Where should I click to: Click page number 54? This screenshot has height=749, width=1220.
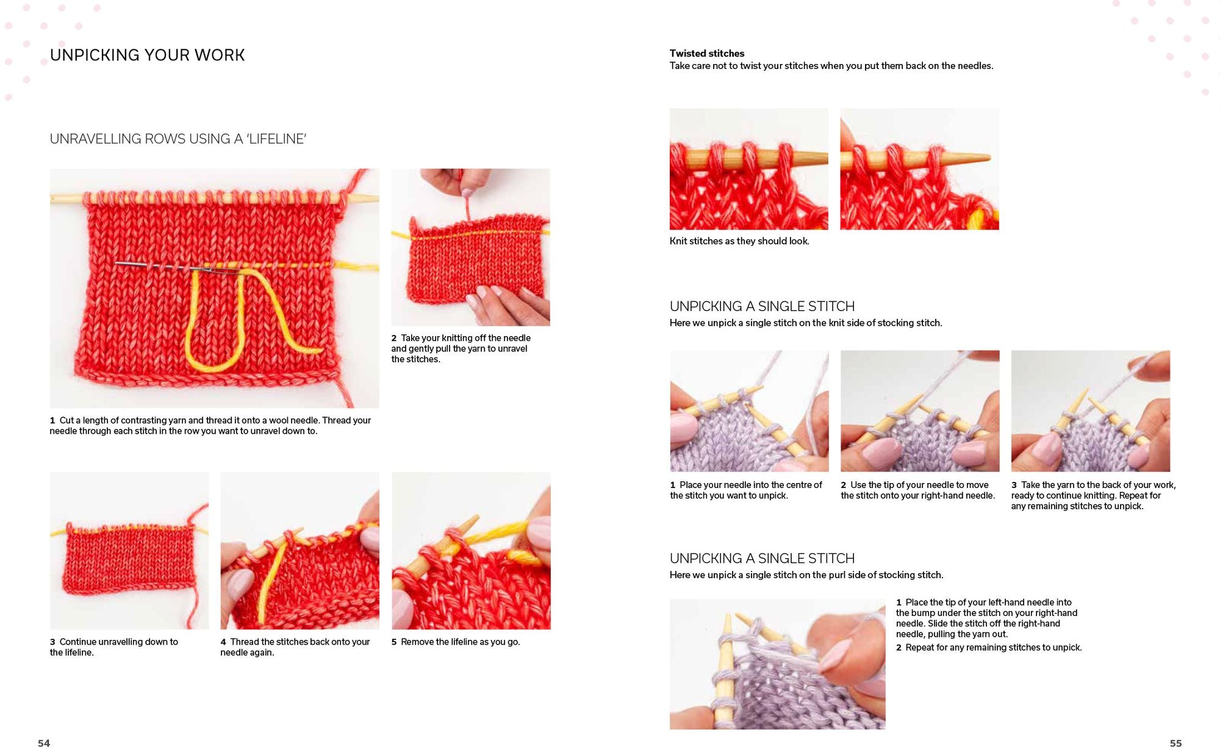pos(44,743)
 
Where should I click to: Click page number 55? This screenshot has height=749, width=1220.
pos(1175,743)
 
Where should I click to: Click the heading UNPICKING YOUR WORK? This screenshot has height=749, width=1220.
pos(147,55)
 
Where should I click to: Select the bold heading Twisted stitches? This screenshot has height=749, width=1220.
pos(707,53)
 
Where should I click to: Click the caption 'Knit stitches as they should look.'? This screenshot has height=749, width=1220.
pos(739,241)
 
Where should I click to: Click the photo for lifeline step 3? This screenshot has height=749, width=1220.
pos(129,551)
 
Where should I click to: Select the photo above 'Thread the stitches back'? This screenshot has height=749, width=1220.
pos(300,551)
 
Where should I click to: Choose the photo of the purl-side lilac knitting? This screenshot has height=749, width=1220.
pos(777,664)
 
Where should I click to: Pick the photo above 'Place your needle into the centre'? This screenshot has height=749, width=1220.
pos(749,410)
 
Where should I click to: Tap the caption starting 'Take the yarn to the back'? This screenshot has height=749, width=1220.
pos(1093,495)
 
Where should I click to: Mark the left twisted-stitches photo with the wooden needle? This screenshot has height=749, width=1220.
pos(749,169)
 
